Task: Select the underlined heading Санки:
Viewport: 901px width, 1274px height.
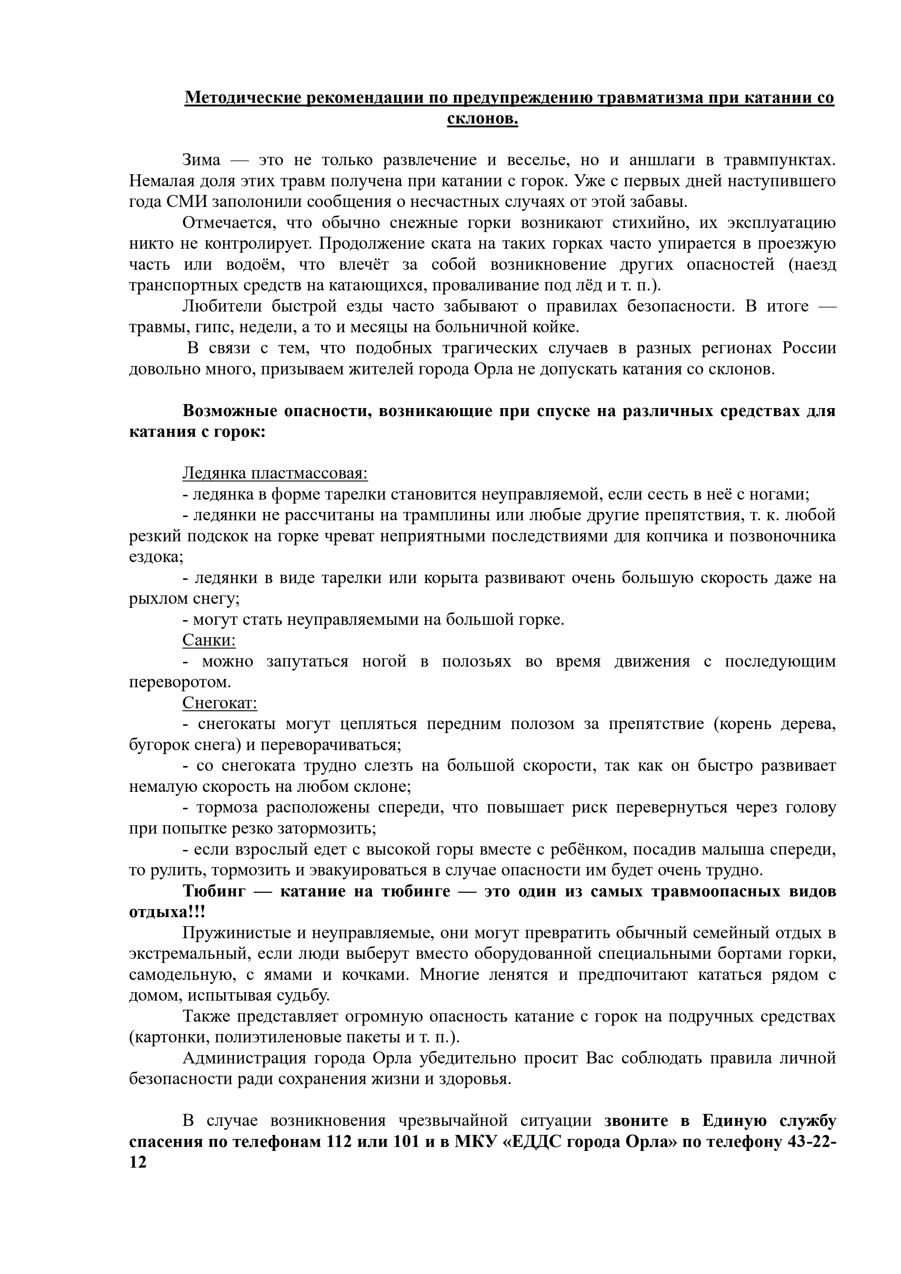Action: click(x=209, y=640)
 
